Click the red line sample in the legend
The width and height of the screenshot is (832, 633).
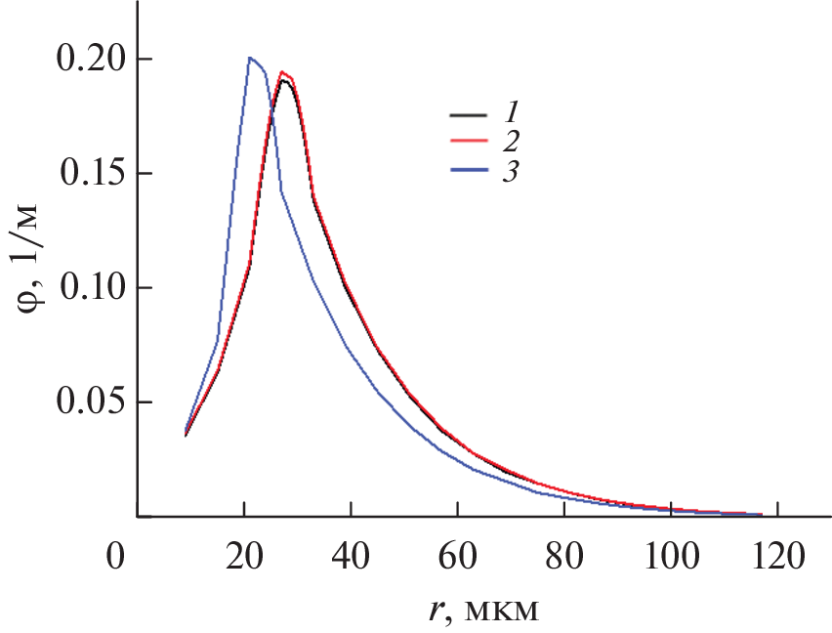pyautogui.click(x=467, y=143)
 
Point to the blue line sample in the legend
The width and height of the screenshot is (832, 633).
pyautogui.click(x=467, y=171)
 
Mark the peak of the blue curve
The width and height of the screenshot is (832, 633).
pyautogui.click(x=250, y=58)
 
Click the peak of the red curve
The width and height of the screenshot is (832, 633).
pyautogui.click(x=281, y=71)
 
